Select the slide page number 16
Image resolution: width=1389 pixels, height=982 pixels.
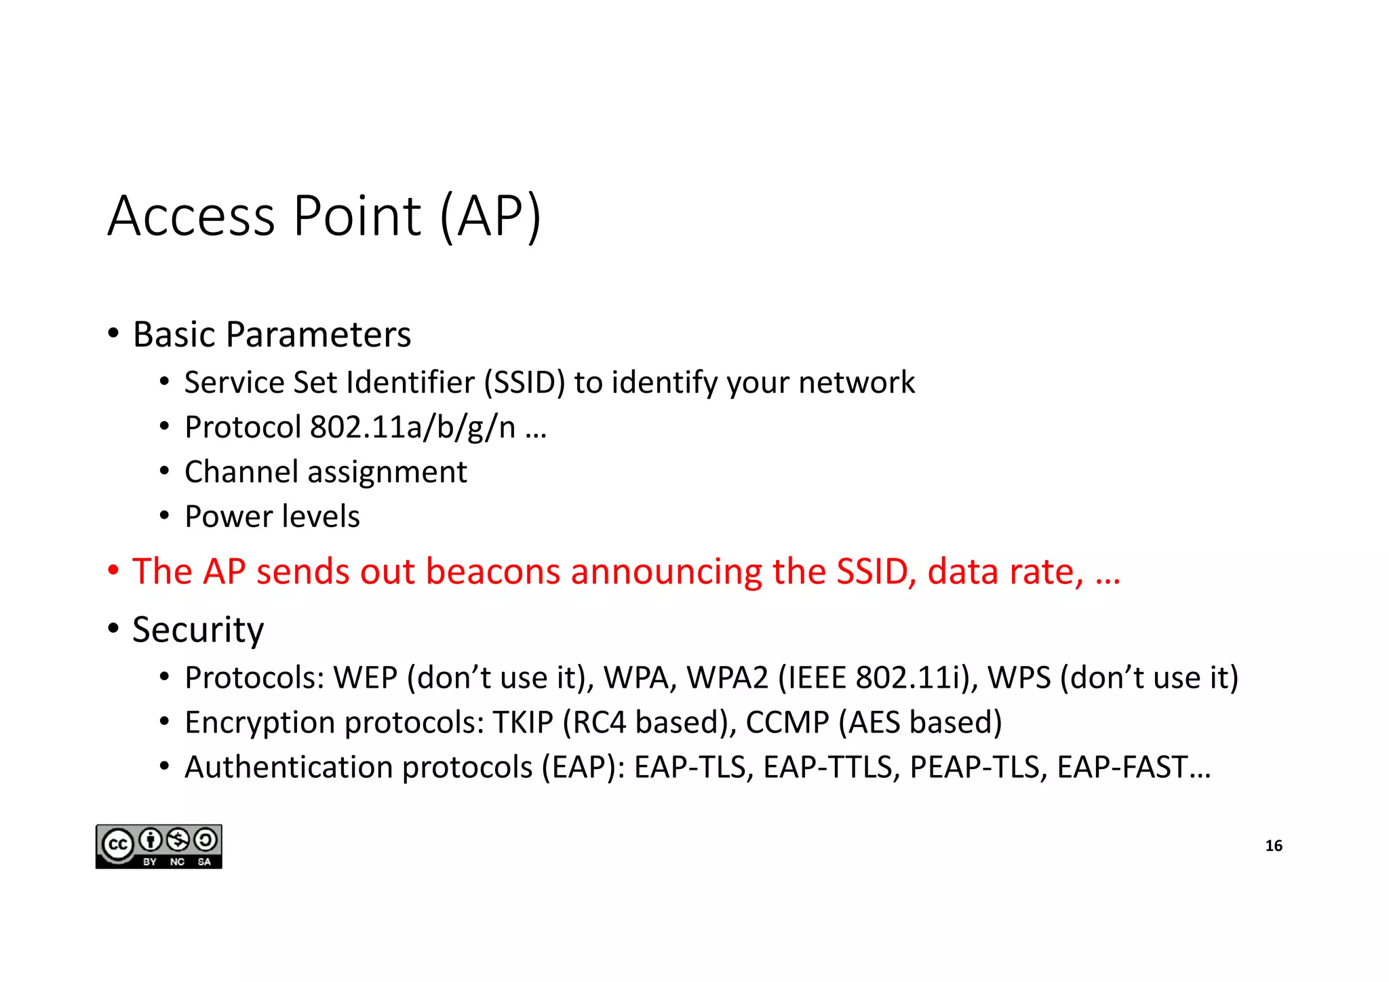[1273, 846]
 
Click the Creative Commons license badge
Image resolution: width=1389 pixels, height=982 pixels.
[159, 846]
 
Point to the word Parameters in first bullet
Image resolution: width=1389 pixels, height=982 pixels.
[318, 334]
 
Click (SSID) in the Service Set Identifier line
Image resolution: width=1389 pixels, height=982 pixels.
[524, 382]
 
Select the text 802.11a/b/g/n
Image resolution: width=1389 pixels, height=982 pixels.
[412, 427]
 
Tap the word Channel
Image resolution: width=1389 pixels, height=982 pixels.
[241, 472]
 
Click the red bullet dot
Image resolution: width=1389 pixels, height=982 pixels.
[113, 570]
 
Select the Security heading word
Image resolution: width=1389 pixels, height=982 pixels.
[197, 630]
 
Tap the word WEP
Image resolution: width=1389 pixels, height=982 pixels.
[365, 677]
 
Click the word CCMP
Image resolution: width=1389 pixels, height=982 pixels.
[787, 722]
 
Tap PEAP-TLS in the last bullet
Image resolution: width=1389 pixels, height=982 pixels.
[975, 767]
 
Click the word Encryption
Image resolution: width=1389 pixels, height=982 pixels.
[260, 723]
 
